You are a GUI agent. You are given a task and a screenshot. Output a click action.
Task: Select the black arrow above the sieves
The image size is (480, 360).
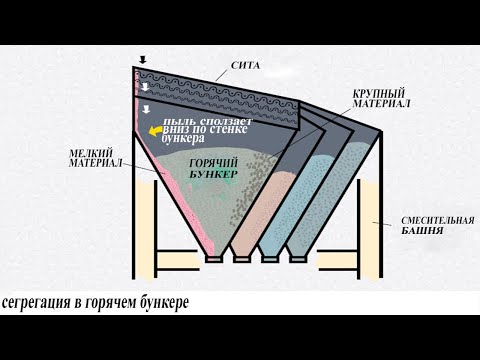tap(143, 60)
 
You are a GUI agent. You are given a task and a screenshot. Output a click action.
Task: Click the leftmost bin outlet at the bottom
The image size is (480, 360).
tap(213, 257)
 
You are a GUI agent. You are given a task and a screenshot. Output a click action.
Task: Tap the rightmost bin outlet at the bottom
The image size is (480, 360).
tap(295, 257)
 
